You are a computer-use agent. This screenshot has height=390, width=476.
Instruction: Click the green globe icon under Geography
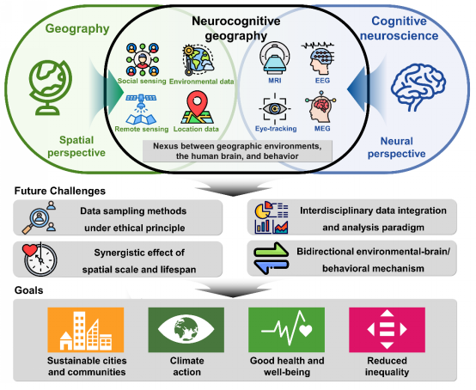point(51,88)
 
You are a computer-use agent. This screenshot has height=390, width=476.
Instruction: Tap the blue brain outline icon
point(418,87)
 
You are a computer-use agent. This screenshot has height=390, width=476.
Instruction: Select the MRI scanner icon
point(274,58)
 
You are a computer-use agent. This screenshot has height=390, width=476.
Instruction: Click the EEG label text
point(322,81)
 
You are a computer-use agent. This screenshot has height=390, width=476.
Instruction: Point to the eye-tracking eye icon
point(275,108)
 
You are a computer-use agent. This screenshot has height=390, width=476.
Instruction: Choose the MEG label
point(322,129)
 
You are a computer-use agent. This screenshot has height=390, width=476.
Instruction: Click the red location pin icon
point(197,107)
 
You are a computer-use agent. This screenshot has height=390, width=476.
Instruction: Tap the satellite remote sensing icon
point(141,110)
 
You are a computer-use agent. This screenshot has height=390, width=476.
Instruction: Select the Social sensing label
point(142,81)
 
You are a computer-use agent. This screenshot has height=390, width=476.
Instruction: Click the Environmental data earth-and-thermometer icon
point(198,60)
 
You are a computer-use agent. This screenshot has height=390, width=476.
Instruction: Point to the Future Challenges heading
point(60,191)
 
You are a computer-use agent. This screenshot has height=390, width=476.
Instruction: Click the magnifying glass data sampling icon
point(39,217)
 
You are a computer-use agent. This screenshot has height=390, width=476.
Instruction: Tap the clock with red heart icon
point(40,259)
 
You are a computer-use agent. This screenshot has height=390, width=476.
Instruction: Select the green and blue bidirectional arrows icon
point(271,259)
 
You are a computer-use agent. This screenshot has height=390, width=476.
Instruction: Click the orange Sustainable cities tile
point(86,330)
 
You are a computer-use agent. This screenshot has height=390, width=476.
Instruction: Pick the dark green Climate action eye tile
point(186,330)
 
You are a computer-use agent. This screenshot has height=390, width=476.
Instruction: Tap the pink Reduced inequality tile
point(387,330)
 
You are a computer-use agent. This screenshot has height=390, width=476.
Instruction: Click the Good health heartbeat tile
point(287,330)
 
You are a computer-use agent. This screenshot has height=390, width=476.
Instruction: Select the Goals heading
point(29,290)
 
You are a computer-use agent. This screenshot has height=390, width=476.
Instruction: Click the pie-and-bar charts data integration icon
point(272,217)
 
